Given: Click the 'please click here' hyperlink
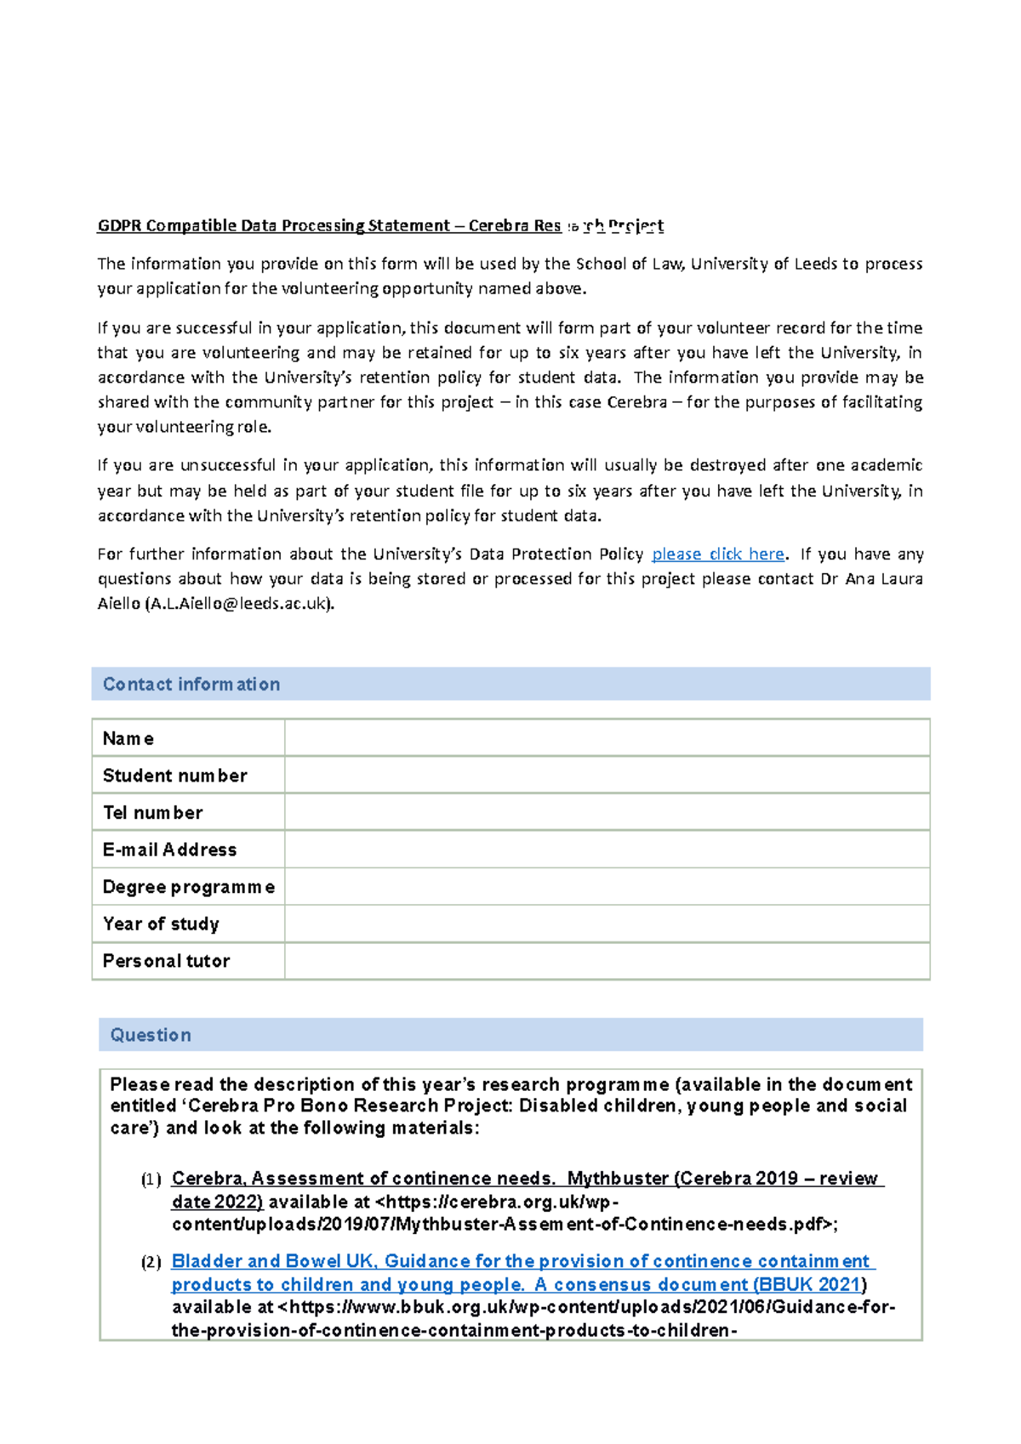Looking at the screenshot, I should (717, 554).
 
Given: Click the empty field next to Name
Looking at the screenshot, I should (607, 738).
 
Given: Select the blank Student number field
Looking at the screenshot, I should (607, 776).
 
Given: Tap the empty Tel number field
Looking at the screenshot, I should (607, 812).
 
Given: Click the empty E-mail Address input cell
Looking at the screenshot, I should (607, 850).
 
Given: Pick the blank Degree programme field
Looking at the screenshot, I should (607, 887).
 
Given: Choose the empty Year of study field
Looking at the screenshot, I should (607, 924).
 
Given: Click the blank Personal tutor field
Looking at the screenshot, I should (607, 961).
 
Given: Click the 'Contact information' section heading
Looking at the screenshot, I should (191, 685).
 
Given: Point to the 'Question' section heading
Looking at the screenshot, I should (151, 1035).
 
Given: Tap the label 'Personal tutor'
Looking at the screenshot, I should (166, 961).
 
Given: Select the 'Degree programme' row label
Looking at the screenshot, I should (188, 887).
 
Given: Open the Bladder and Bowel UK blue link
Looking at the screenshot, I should (519, 1261).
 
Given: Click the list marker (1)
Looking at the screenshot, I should (151, 1180).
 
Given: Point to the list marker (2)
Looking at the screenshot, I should (151, 1262).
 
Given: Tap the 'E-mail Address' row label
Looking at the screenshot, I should (169, 850).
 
